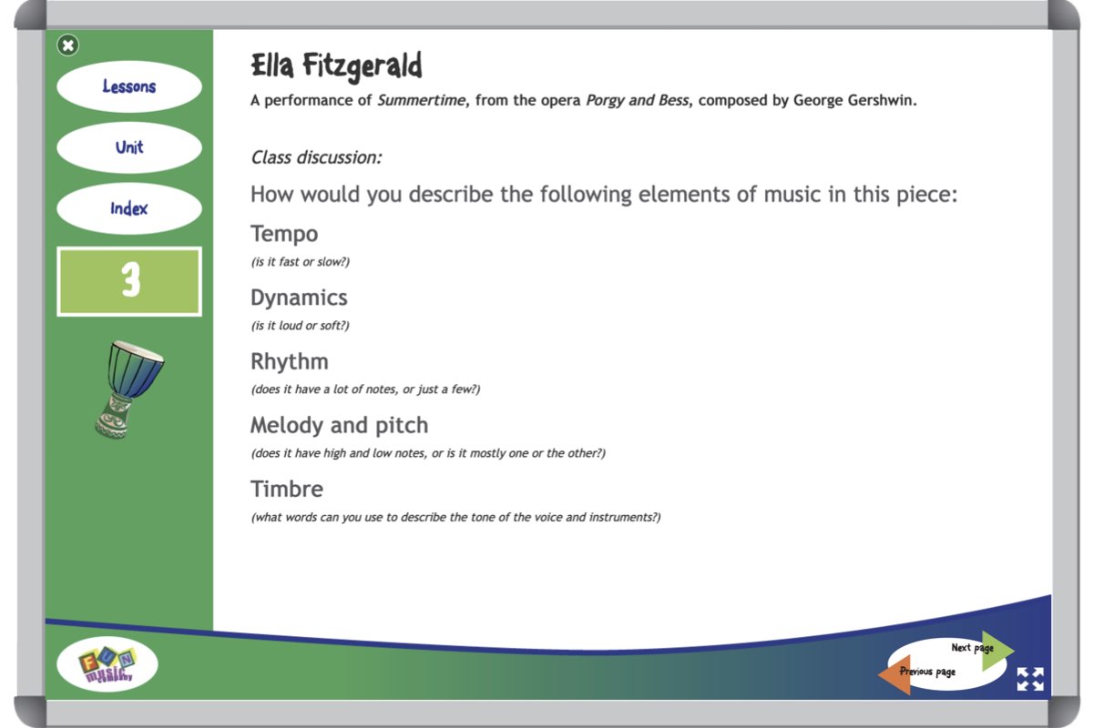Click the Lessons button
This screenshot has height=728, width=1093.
tap(129, 86)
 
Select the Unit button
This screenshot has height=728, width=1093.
tap(129, 147)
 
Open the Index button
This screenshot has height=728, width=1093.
tap(129, 208)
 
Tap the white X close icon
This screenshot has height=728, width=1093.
tap(67, 45)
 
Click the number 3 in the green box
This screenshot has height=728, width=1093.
tap(131, 279)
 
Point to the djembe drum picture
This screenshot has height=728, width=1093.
tap(128, 389)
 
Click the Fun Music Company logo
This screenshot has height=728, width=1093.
tap(107, 663)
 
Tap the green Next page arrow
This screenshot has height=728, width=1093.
tap(996, 651)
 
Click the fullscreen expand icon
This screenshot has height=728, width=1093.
tap(1030, 679)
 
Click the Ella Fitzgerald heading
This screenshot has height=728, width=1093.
tap(336, 66)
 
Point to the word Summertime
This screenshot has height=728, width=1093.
tap(421, 100)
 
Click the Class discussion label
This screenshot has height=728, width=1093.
tap(316, 157)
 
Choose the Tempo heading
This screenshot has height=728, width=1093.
tap(284, 234)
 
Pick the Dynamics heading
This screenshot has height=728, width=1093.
tap(299, 298)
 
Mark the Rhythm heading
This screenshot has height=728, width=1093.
tap(290, 361)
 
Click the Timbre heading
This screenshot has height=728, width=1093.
tap(287, 489)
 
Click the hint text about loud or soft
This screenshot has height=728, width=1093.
tap(301, 326)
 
